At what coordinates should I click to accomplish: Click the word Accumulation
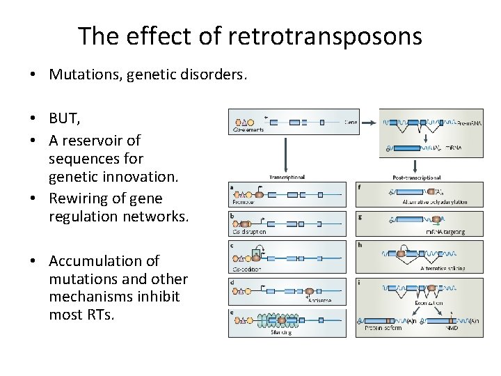tap(104, 261)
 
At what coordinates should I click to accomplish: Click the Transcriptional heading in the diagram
tap(286, 176)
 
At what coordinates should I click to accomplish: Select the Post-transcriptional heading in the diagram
tap(416, 176)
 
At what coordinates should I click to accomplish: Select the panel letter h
tap(359, 244)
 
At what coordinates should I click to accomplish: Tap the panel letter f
tap(359, 185)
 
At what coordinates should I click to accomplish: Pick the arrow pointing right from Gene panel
tap(366, 123)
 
